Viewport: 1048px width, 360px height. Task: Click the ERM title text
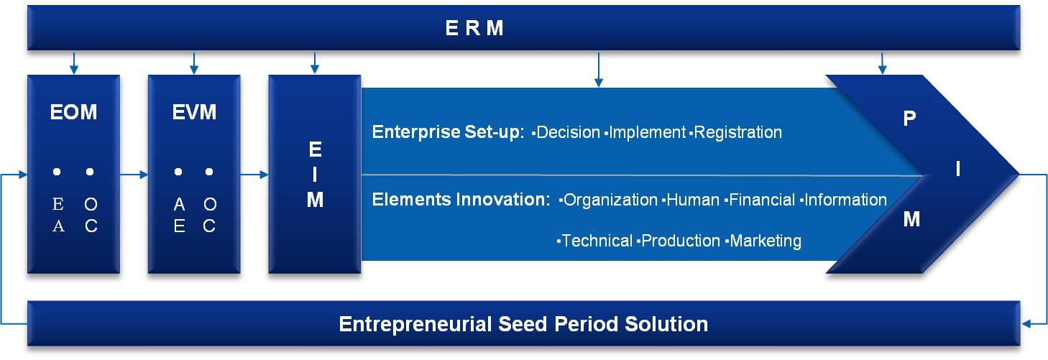tap(474, 28)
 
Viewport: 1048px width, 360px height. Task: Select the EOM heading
tap(73, 112)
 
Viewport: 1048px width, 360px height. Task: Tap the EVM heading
tap(194, 112)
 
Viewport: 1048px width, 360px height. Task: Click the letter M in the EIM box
tap(315, 200)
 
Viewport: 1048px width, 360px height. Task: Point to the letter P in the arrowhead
tap(909, 119)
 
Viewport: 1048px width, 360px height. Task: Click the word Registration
tap(737, 132)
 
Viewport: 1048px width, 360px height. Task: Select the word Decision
tap(568, 132)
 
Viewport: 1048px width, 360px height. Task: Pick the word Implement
tap(648, 133)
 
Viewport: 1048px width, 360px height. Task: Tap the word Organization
tap(610, 200)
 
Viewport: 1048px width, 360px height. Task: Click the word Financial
tap(762, 200)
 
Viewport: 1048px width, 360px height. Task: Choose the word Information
tap(845, 200)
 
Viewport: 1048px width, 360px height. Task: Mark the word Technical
tap(597, 241)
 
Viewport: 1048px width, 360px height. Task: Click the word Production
tap(681, 241)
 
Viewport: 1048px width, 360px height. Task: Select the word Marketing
tap(766, 241)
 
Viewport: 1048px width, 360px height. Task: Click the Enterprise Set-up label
tap(448, 132)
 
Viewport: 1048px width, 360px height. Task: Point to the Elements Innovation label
tap(461, 200)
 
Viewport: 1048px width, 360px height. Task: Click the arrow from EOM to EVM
tap(134, 175)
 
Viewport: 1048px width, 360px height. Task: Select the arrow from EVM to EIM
tap(254, 175)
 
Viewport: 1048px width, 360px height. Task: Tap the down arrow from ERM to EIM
tap(315, 63)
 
